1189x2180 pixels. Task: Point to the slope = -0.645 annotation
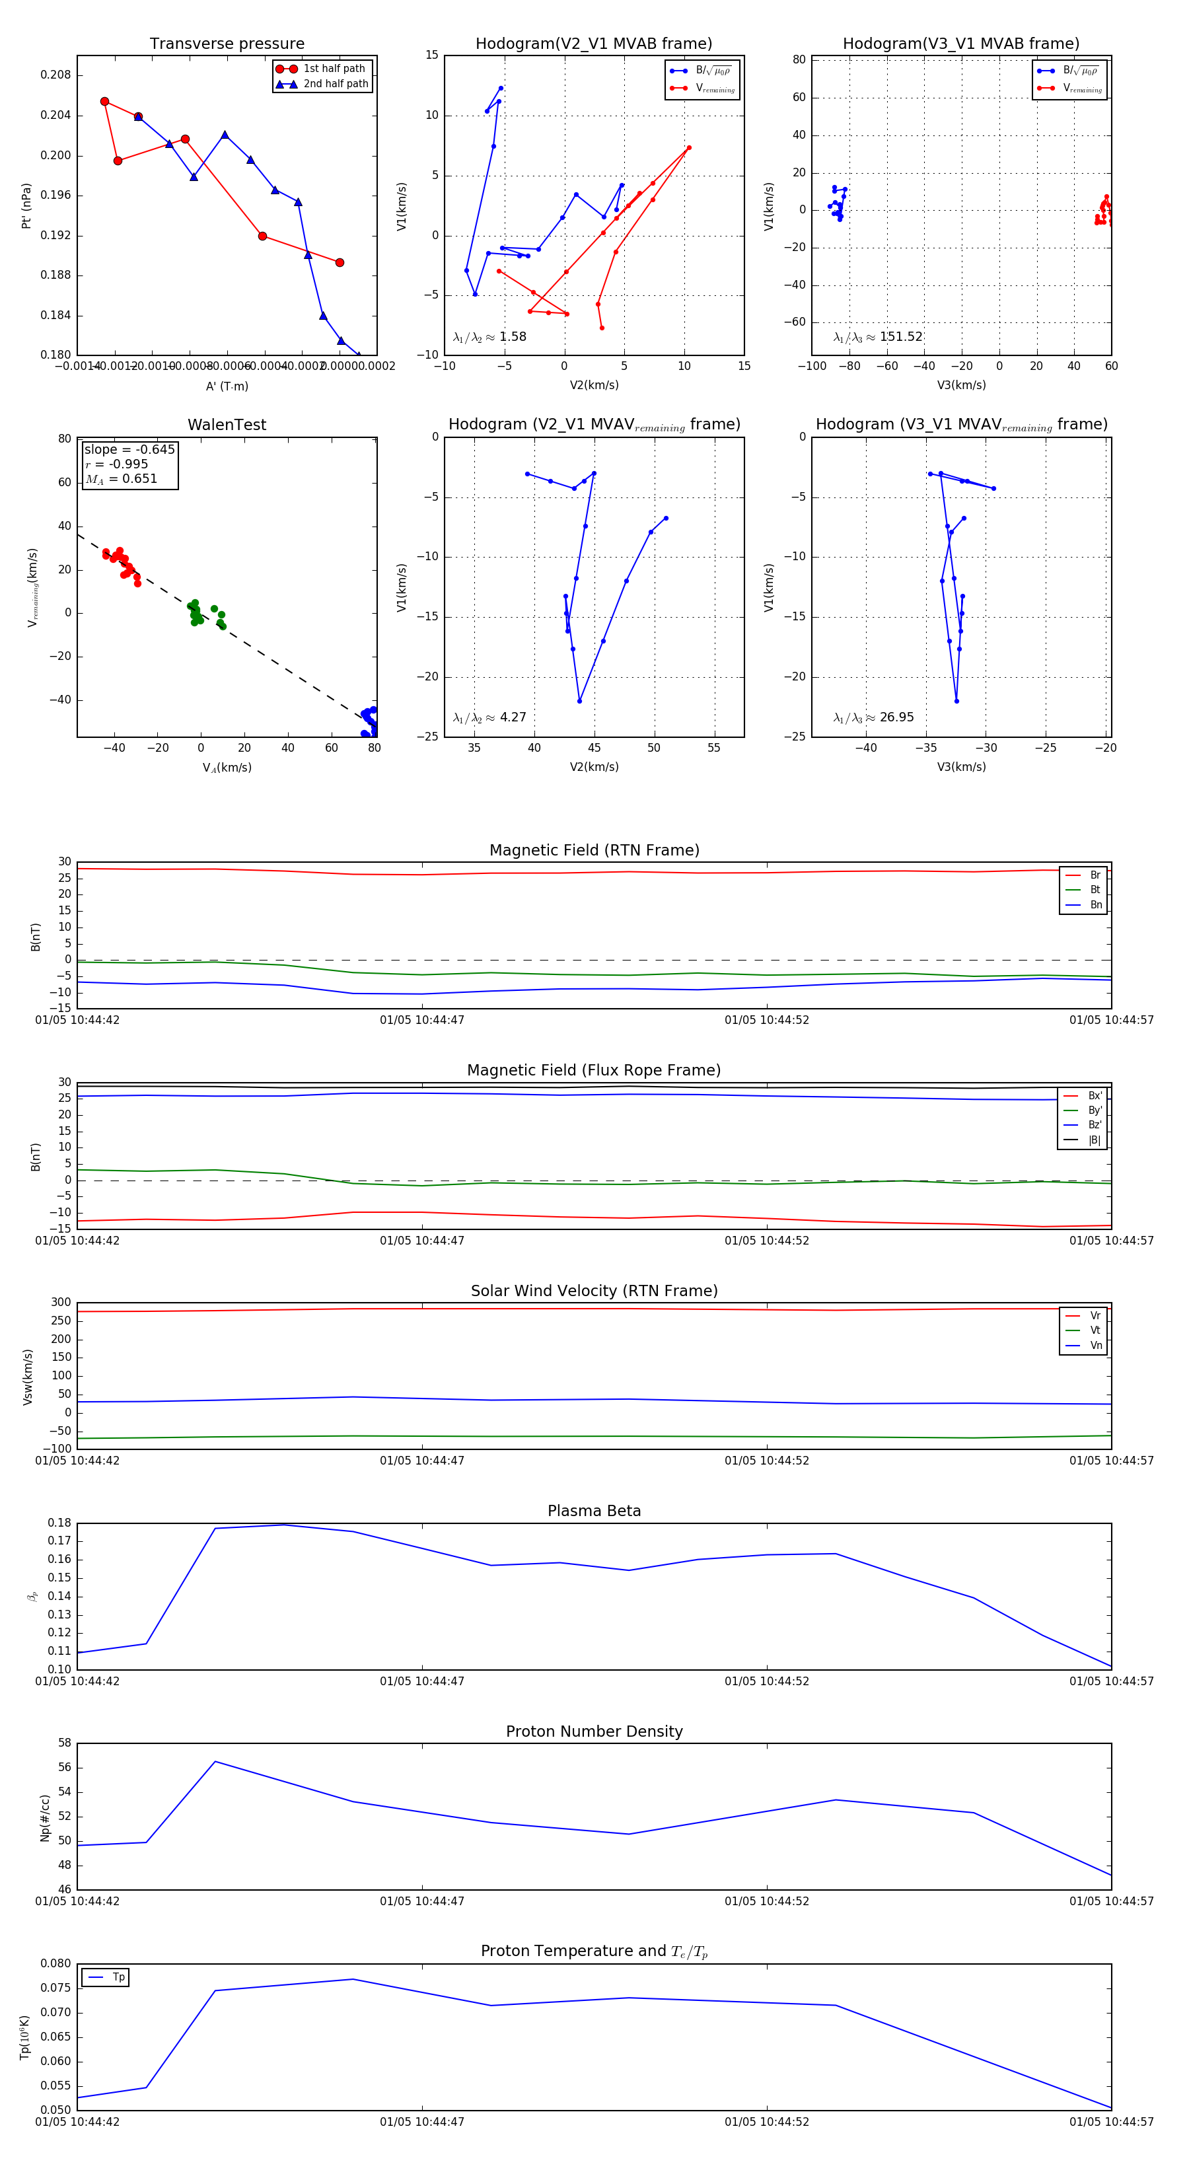(x=129, y=449)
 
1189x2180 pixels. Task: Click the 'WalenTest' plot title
(x=227, y=425)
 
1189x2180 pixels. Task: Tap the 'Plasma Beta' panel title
(x=594, y=1511)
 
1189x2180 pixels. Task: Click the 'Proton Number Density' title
(x=594, y=1731)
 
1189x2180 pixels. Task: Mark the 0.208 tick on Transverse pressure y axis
(x=56, y=75)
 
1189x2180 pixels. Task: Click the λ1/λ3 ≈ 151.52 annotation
(x=878, y=337)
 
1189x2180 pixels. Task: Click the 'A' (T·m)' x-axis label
(x=227, y=386)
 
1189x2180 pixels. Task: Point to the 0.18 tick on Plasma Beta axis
(x=59, y=1523)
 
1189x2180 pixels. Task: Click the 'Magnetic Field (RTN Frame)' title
(x=594, y=850)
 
